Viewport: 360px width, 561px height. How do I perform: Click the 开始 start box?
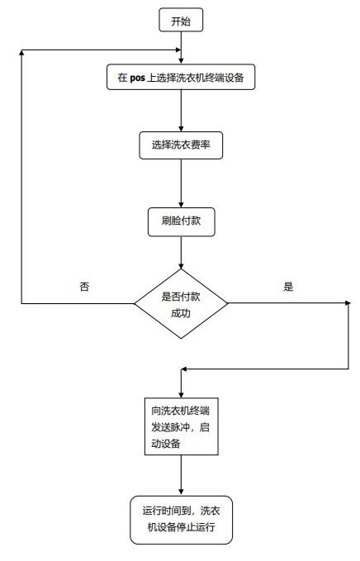pos(181,21)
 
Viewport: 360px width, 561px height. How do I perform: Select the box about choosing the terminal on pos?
pos(181,77)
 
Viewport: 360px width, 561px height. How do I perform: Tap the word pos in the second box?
pos(137,78)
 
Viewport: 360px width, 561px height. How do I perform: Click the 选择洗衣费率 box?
pos(181,145)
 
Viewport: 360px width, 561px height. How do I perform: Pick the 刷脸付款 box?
pos(182,221)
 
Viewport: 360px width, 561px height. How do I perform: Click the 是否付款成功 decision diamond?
pos(181,304)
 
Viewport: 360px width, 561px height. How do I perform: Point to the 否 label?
pos(84,286)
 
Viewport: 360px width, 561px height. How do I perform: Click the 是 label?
pos(288,286)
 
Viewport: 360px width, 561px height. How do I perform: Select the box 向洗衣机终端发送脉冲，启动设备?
pos(182,426)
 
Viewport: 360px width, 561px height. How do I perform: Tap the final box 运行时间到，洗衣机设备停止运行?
pos(182,520)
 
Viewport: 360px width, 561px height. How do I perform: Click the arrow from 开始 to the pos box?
pos(182,48)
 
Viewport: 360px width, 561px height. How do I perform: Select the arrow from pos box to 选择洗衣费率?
pos(182,111)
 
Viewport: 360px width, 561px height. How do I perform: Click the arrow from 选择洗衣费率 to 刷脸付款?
pos(182,183)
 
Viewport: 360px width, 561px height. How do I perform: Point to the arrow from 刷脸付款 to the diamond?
pos(182,253)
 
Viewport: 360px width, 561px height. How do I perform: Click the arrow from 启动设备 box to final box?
pos(182,476)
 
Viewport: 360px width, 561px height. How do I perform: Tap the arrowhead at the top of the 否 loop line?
pos(22,52)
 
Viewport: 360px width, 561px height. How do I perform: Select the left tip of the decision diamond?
pos(134,304)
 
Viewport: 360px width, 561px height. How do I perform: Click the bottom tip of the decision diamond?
pos(181,339)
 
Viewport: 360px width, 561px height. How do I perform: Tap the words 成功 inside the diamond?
pos(181,313)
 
